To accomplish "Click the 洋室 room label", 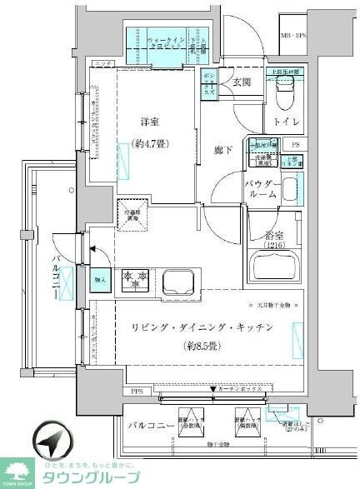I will click(150, 124).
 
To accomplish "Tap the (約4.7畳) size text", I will click(150, 142).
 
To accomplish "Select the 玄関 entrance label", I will click(241, 81).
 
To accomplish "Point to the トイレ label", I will click(283, 122).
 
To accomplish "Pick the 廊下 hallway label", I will click(222, 150).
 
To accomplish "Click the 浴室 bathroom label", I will click(274, 234).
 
